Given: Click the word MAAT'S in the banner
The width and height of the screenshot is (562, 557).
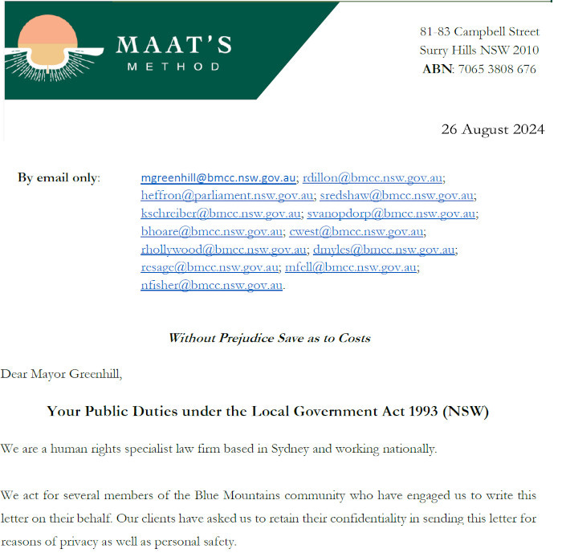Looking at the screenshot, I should (x=173, y=45).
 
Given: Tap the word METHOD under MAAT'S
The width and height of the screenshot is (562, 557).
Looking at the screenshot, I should (x=173, y=67).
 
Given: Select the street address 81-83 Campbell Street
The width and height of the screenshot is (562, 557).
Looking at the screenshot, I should (x=479, y=32).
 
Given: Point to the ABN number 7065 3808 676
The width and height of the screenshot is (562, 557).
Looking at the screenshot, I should (x=496, y=69).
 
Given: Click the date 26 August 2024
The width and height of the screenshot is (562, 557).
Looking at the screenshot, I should (x=492, y=129).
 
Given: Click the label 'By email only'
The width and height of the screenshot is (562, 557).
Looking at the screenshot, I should (x=59, y=177).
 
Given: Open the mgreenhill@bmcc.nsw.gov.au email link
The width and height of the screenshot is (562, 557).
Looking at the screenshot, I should (x=218, y=177).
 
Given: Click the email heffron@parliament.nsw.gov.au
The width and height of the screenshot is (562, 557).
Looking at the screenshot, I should (x=227, y=195).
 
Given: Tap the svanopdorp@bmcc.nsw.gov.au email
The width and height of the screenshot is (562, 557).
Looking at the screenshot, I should (x=391, y=213).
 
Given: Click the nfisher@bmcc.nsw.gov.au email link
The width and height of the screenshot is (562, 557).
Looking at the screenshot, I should (x=211, y=285).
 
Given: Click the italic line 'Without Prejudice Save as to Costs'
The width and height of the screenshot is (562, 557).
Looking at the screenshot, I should (x=269, y=338).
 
